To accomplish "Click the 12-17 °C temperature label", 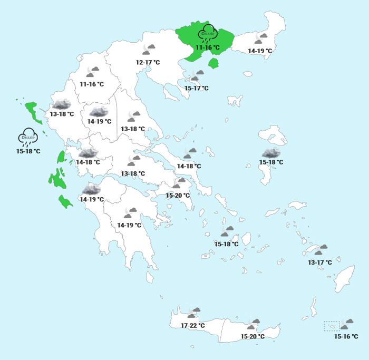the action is (x=148, y=62).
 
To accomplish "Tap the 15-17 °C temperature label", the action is (x=197, y=88).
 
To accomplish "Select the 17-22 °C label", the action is (x=192, y=326).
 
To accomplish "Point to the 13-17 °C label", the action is (x=320, y=262).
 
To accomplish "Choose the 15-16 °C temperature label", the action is (x=346, y=336).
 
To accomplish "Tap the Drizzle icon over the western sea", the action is (x=28, y=137).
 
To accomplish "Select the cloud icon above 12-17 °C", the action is (x=148, y=50).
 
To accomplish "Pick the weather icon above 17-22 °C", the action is (x=193, y=313).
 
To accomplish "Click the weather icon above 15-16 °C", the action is (x=346, y=324).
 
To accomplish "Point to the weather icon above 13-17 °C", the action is (x=321, y=249).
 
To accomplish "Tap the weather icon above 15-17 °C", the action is (x=197, y=76).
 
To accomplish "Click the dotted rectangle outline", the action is (x=331, y=326).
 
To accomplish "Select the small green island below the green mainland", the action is (x=213, y=64).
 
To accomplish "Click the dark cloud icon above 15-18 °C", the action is (x=271, y=153).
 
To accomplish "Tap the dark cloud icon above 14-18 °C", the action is (x=88, y=153).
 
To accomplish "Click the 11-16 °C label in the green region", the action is (x=207, y=47).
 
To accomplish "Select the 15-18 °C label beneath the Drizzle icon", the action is (x=28, y=151).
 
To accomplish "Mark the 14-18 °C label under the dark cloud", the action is (x=88, y=162).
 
